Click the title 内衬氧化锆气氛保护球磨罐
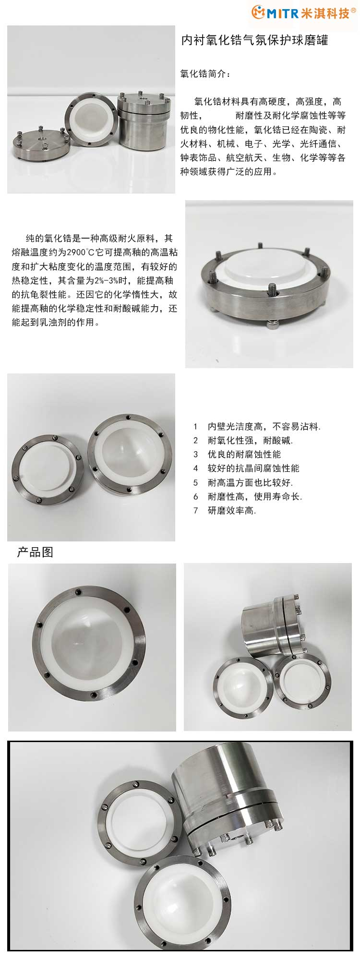click(x=255, y=40)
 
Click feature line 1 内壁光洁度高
click(x=257, y=426)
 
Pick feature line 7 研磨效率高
click(x=225, y=510)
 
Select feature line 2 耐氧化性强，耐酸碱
click(x=243, y=440)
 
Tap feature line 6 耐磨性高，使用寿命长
click(x=248, y=496)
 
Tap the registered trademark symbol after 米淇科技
click(x=354, y=10)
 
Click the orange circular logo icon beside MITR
click(x=258, y=12)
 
